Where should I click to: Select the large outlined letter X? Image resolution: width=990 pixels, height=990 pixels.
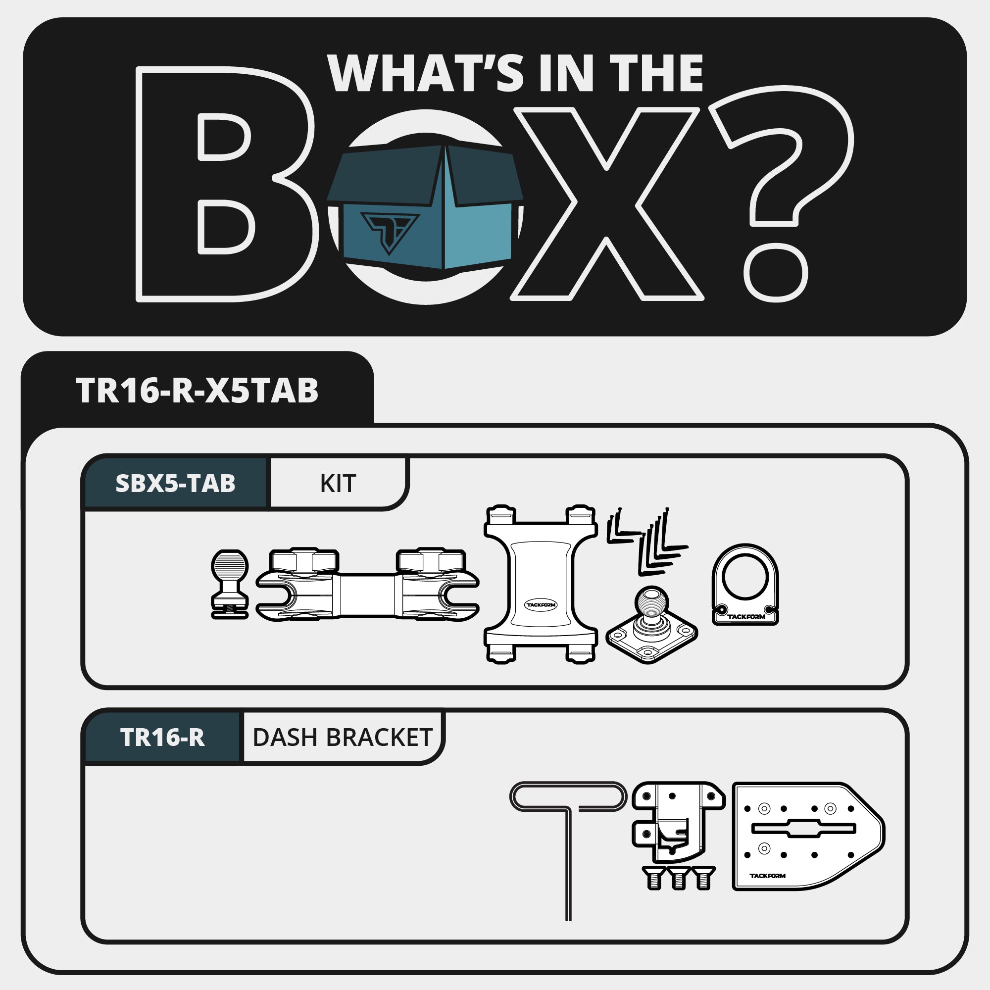(x=607, y=204)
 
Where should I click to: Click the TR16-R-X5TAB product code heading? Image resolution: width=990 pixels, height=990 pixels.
(x=198, y=391)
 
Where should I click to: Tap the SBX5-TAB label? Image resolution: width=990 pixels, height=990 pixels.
(x=175, y=483)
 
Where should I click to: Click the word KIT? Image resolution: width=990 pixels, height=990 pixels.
(x=338, y=484)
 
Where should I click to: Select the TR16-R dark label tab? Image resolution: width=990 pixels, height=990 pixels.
(x=162, y=738)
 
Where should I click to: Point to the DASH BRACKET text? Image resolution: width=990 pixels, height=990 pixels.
(x=343, y=738)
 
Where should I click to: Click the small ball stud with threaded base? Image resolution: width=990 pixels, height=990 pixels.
(x=230, y=584)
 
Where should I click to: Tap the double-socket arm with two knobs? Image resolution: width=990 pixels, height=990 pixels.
(x=367, y=585)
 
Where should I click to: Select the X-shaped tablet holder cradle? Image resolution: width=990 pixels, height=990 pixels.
(x=541, y=584)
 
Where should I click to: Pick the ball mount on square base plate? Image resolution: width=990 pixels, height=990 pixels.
(x=651, y=625)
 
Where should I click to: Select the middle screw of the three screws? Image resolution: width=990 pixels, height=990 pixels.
(x=679, y=878)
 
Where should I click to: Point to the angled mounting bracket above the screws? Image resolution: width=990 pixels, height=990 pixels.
(x=678, y=822)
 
